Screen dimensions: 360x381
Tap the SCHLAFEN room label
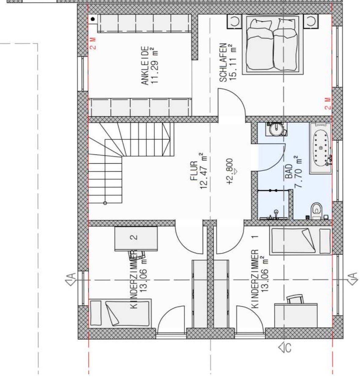coord(223,63)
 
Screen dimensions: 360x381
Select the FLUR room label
coord(195,171)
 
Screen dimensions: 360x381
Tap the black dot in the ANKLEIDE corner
coord(93,19)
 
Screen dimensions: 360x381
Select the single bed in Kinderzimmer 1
coord(300,241)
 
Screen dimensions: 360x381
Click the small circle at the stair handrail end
coord(105,203)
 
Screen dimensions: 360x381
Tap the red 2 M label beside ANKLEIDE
coord(93,43)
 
